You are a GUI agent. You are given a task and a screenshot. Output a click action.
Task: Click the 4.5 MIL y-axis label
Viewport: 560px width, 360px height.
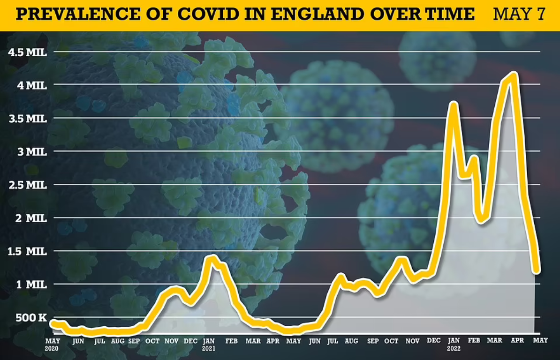[x=28, y=52]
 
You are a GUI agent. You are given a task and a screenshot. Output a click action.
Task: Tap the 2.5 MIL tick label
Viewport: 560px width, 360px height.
[x=28, y=185]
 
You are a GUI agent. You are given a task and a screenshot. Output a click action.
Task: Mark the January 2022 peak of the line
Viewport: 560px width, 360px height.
[x=453, y=104]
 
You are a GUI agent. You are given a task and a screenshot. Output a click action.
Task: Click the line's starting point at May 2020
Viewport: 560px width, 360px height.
[x=53, y=322]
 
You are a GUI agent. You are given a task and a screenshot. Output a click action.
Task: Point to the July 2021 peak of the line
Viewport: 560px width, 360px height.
[x=341, y=276]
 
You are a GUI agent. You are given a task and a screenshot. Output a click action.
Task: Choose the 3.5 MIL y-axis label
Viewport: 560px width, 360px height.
[x=28, y=119]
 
